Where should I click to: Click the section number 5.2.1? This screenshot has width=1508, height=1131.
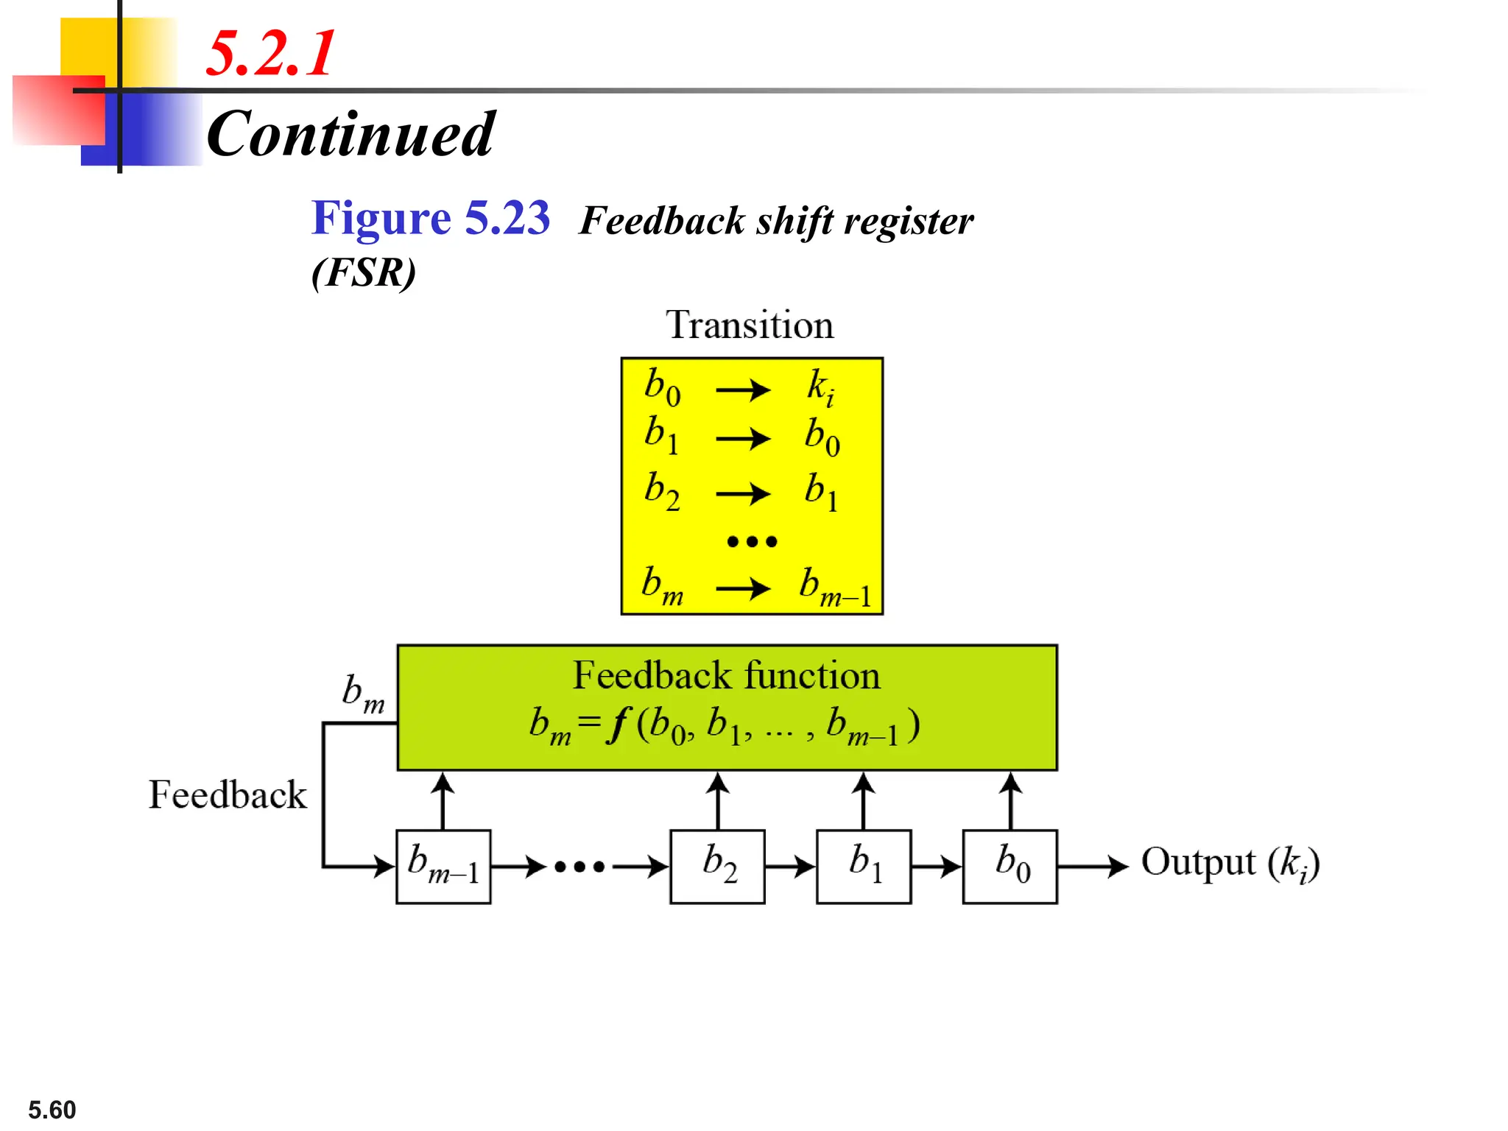coord(270,53)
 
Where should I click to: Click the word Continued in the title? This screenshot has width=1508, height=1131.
coord(350,134)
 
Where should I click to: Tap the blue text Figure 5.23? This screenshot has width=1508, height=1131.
coord(430,218)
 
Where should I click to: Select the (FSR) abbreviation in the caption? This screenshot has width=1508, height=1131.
coord(363,272)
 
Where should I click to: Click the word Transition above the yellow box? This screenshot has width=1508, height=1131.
coord(750,325)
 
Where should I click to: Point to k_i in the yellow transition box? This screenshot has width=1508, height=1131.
coord(820,387)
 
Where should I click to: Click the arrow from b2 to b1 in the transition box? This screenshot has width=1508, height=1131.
coord(742,493)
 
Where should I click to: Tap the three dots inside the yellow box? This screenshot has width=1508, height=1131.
coord(751,542)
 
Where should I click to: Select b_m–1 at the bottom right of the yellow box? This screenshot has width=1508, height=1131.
coord(835,588)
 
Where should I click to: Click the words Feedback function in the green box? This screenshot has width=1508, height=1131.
coord(726,675)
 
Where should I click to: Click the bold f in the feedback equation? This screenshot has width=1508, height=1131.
coord(617,725)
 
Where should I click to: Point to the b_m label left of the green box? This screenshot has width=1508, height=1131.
coord(363,694)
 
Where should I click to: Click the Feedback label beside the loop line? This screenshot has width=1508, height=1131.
coord(228,795)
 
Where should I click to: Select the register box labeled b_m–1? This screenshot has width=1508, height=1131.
coord(443,867)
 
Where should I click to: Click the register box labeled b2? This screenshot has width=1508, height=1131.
coord(717,867)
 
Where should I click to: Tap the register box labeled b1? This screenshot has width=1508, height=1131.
coord(864,867)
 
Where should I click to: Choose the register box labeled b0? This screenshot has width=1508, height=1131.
coord(1010,867)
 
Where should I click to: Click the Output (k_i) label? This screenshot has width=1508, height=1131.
coord(1230,863)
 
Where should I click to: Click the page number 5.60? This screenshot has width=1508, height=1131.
coord(52,1110)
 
